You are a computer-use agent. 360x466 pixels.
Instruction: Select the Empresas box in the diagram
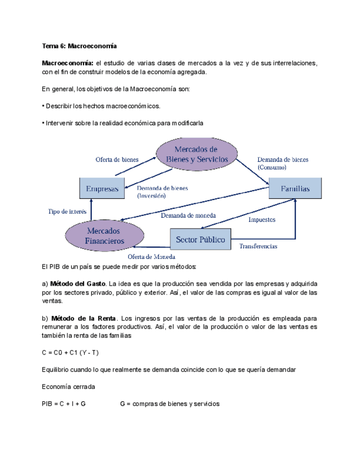pos(102,189)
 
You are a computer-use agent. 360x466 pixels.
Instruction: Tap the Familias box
pos(295,188)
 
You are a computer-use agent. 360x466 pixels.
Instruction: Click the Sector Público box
pos(200,239)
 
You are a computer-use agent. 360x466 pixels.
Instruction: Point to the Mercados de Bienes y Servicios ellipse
pos(196,154)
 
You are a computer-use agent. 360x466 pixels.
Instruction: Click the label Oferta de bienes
pos(117,159)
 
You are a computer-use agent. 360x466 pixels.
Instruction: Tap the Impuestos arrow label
pos(262,220)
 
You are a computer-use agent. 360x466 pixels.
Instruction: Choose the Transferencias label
pos(258,246)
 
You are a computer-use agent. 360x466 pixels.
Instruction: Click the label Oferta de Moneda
pos(152,257)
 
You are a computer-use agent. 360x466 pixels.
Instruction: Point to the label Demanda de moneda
pos(189,215)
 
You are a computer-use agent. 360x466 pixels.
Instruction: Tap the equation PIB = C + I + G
pos(64,404)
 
